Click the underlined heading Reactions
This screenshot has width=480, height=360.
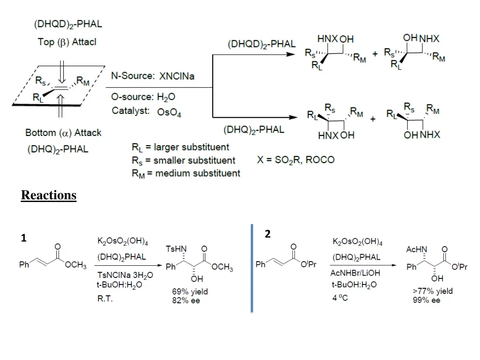click(x=49, y=195)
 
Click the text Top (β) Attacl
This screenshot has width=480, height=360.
click(x=67, y=42)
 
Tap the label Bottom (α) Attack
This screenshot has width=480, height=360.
click(x=63, y=133)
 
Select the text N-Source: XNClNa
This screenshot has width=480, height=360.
click(x=152, y=76)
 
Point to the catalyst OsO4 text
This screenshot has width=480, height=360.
click(x=169, y=113)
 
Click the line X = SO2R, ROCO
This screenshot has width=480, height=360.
click(x=296, y=160)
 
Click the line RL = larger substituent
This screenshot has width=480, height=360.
click(x=180, y=147)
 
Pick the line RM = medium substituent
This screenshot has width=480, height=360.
click(x=186, y=173)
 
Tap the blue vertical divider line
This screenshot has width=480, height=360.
click(x=252, y=268)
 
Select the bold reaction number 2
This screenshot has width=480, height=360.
click(x=267, y=234)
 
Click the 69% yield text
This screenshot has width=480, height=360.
click(x=190, y=292)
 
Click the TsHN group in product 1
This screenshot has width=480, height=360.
click(x=176, y=248)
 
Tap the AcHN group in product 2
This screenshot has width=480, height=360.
click(x=416, y=248)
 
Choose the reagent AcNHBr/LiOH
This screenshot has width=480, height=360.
click(x=355, y=273)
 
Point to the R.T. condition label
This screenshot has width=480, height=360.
click(x=105, y=298)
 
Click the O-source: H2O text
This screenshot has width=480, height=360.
click(x=143, y=97)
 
